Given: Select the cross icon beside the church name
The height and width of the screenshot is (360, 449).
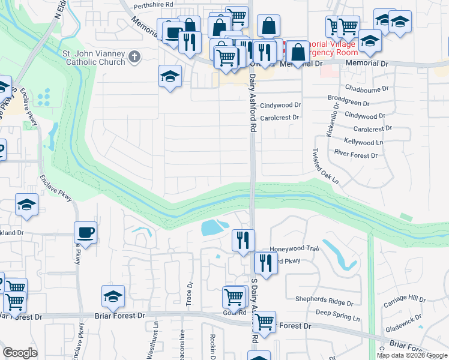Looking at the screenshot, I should tap(134, 57).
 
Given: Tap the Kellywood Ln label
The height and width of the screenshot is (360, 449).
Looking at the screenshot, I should tap(364, 142).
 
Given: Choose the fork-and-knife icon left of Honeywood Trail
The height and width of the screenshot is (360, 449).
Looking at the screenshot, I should tap(243, 241).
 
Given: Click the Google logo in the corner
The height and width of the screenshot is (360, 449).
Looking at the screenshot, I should tap(20, 353).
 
